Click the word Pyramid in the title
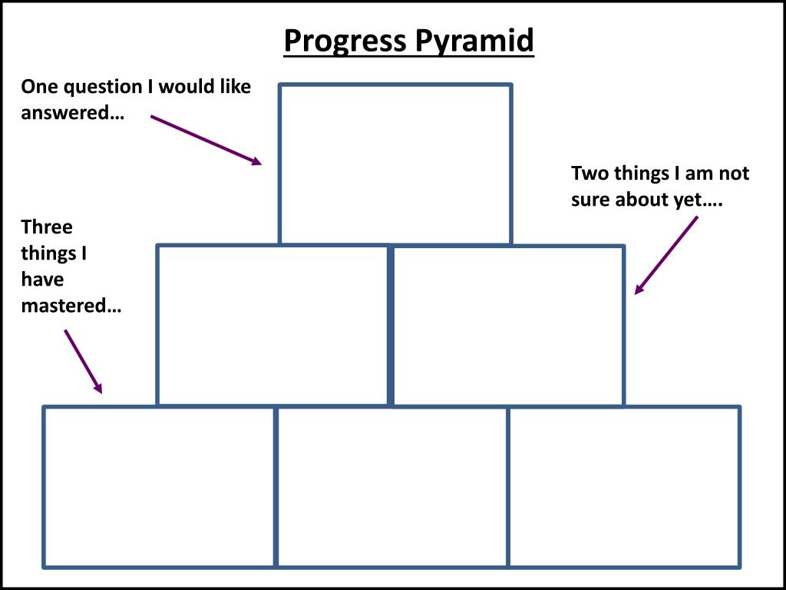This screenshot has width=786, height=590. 475,41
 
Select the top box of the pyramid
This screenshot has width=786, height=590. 395,164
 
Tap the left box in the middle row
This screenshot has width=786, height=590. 272,325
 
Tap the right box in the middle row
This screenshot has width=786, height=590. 508,326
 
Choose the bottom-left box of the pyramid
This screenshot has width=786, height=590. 159,487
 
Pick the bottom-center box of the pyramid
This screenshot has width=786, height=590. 391,487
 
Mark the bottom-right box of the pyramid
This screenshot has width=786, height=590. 624,487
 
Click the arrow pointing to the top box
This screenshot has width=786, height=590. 206,140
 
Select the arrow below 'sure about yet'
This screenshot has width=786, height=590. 666,255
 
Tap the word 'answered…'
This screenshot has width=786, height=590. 73,113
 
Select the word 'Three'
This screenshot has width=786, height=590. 47,227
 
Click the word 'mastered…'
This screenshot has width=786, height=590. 71,306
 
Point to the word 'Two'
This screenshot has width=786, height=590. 590,174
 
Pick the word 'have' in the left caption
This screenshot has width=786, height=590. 42,280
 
